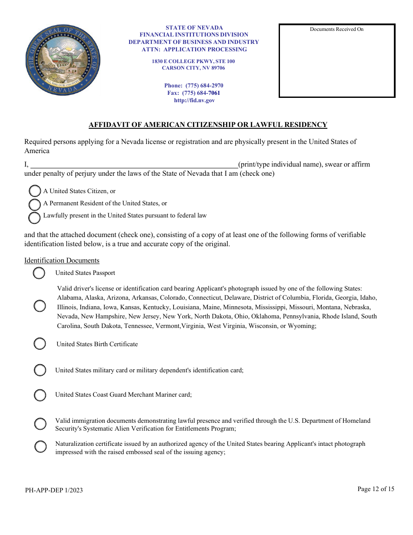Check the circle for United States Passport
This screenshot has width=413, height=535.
(39, 273)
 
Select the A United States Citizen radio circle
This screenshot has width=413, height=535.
(35, 191)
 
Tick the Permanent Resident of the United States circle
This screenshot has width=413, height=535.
(35, 204)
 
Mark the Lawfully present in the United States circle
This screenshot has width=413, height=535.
(35, 217)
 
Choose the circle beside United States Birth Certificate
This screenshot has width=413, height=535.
(40, 344)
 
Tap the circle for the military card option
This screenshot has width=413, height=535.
(40, 371)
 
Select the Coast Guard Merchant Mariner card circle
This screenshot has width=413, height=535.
(40, 395)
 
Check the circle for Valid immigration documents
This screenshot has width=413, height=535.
(40, 424)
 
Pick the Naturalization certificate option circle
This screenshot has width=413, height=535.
(40, 447)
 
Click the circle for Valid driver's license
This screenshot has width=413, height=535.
(40, 306)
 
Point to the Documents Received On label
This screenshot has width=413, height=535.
(336, 30)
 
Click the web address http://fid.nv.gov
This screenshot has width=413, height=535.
(194, 100)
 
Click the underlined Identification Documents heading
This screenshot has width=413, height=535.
(62, 261)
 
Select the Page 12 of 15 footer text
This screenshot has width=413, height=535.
(376, 489)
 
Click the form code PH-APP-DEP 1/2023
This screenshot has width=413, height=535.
(54, 490)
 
